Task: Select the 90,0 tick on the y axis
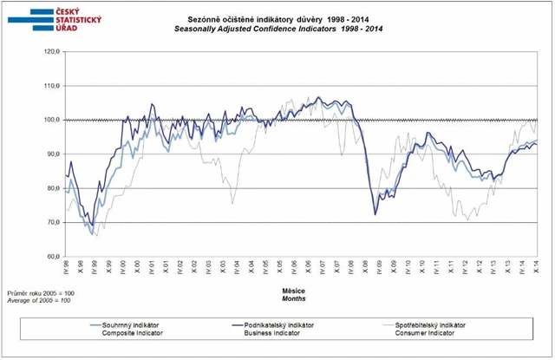click(50, 154)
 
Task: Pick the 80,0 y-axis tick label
click(50, 188)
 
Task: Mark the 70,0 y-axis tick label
click(50, 222)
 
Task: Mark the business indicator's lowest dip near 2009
click(375, 214)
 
